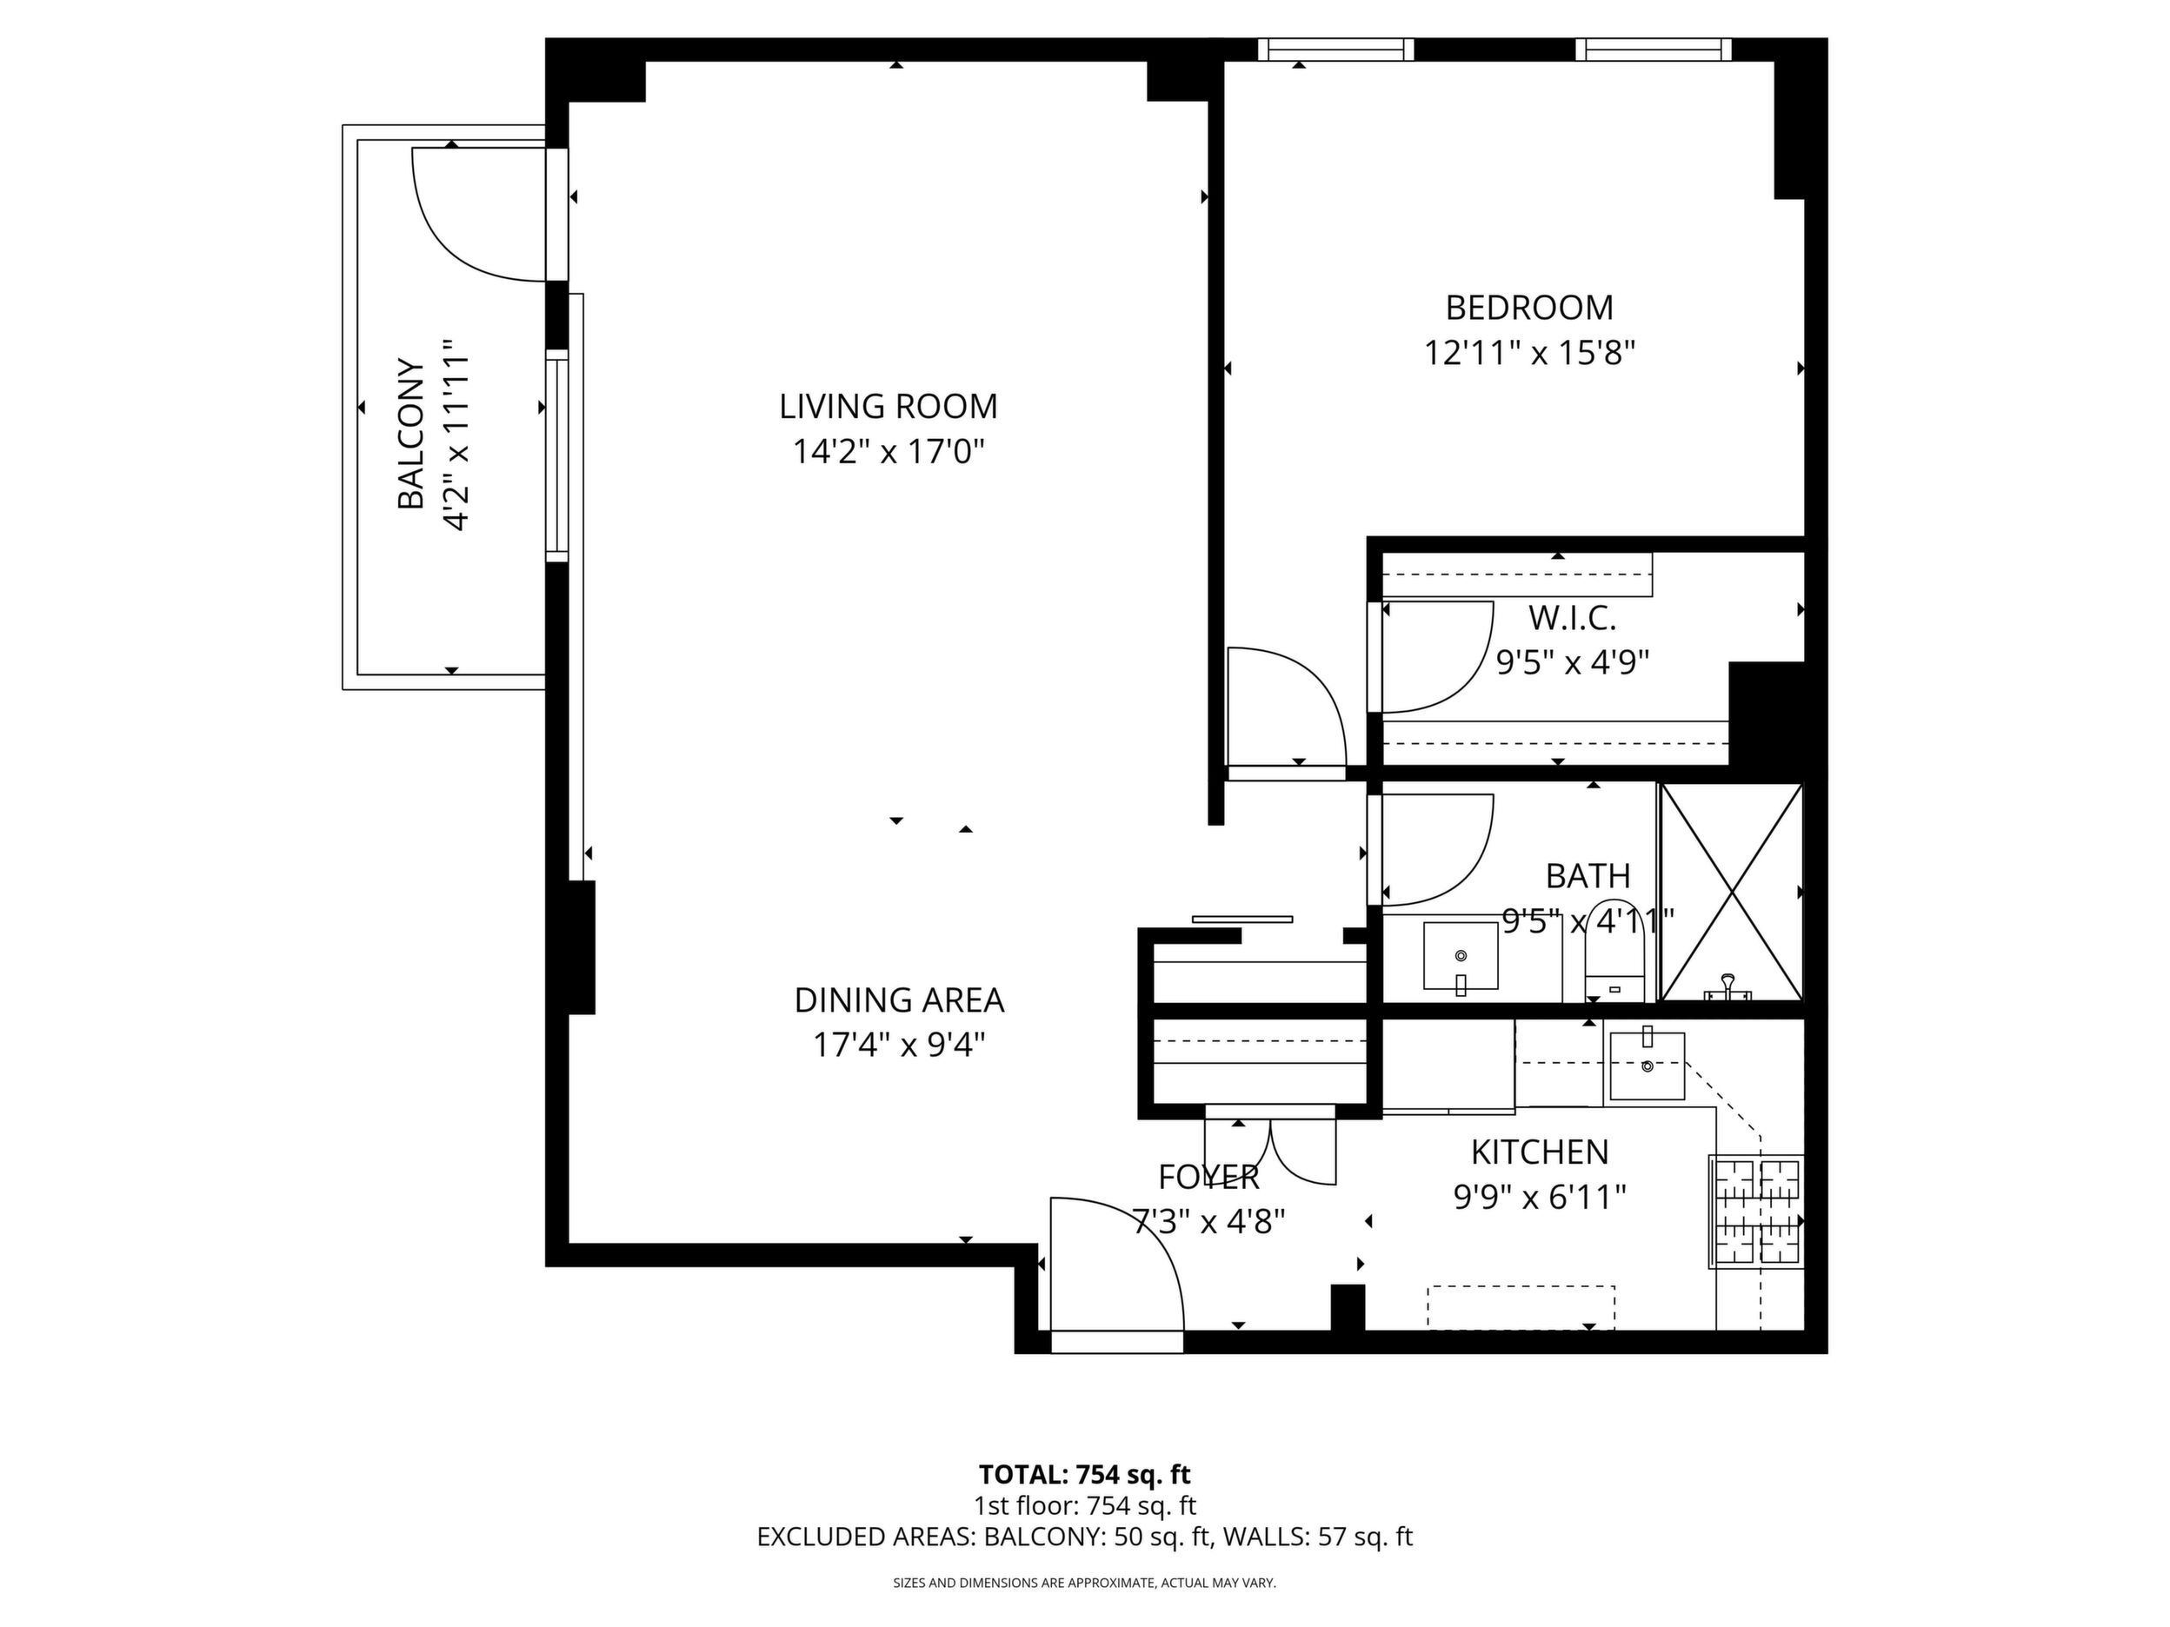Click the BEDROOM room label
(x=1529, y=308)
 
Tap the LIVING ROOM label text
(x=888, y=406)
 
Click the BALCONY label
(x=411, y=435)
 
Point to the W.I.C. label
(x=1572, y=619)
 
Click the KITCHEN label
(x=1541, y=1152)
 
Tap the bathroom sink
(x=1461, y=957)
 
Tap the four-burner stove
(x=1756, y=1212)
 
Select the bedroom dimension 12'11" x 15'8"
(x=1529, y=353)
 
